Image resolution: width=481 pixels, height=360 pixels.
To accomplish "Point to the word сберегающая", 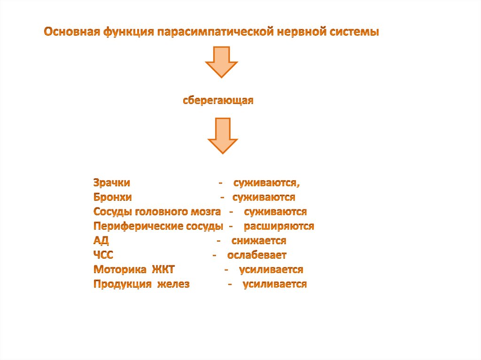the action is coord(218,100).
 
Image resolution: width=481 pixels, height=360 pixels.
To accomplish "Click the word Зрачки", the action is coord(112,183).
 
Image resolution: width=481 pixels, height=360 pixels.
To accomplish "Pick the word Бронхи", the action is coord(112,197).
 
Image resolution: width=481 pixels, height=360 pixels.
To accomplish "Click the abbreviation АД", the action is coord(101,241).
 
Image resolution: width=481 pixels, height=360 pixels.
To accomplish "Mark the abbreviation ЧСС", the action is coord(103,255).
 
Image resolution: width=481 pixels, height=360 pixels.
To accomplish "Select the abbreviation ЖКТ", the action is coord(163,270).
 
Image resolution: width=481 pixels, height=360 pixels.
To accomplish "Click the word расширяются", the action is coord(279,226).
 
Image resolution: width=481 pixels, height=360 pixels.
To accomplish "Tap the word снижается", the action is coord(259,241).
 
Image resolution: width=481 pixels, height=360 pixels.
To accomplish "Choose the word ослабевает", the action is coord(257,255).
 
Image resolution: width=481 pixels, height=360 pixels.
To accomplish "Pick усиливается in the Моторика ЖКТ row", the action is coord(271,270).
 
